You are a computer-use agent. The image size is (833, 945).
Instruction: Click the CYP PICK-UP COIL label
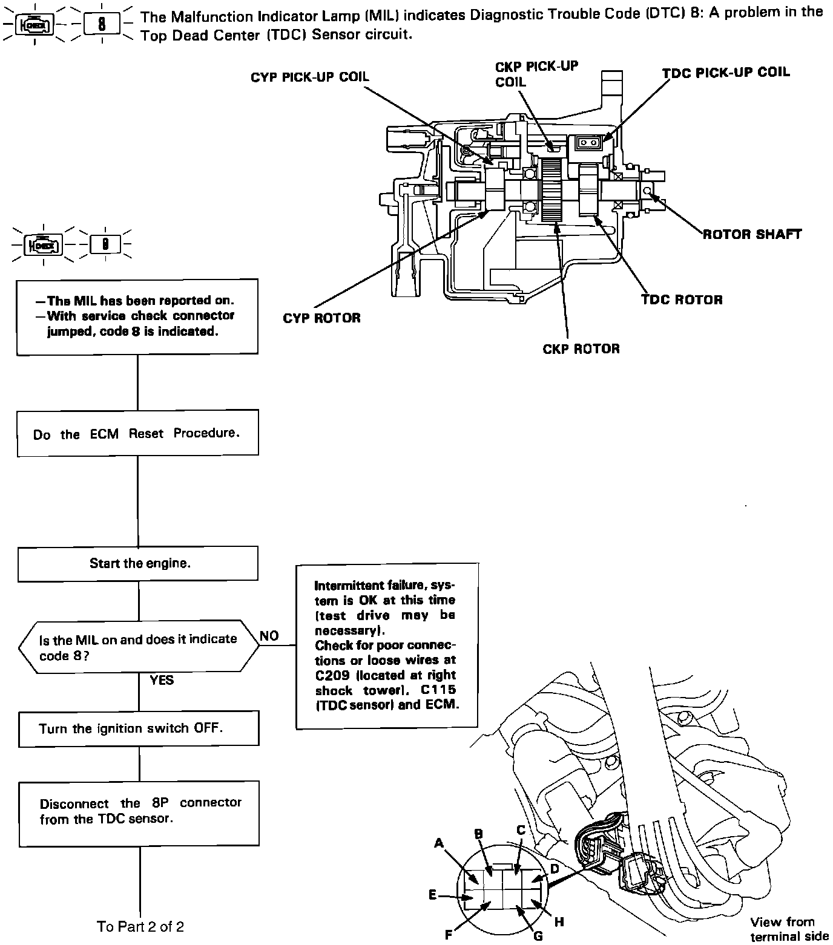(x=309, y=77)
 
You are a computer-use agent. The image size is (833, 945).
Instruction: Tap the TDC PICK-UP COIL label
(x=725, y=73)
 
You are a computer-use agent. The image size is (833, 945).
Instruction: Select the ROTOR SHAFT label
(x=752, y=234)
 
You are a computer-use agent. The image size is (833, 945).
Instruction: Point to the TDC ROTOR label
(x=682, y=300)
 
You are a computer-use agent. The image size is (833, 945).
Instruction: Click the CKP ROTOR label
(x=581, y=349)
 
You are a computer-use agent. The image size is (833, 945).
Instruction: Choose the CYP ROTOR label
(x=321, y=318)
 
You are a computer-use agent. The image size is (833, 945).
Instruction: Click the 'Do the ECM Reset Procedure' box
(x=137, y=433)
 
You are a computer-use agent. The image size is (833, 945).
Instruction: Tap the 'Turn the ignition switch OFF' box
(x=139, y=728)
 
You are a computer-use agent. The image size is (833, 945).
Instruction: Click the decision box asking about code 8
(x=139, y=647)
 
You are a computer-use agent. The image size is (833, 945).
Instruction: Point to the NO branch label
(x=269, y=636)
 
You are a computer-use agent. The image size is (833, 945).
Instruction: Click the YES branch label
(x=162, y=680)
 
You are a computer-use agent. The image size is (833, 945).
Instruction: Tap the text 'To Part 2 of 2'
(x=140, y=926)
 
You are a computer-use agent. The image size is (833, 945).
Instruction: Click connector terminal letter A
(x=439, y=843)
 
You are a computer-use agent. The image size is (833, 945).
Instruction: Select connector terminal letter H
(x=559, y=922)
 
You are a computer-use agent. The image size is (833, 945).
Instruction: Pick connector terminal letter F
(x=449, y=935)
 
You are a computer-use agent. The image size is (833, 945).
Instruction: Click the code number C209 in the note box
(x=332, y=675)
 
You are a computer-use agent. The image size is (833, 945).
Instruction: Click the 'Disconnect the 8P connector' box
(x=139, y=811)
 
